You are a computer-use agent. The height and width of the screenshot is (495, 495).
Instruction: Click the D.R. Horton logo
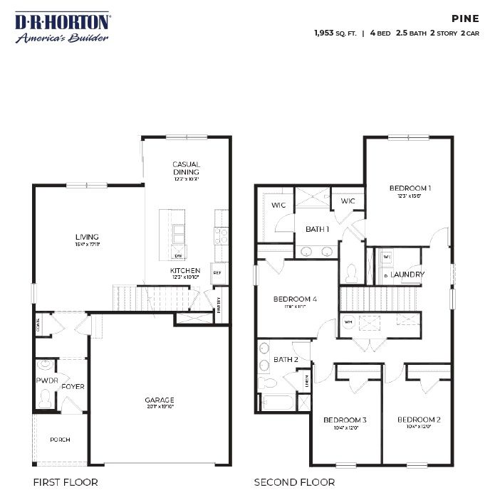pos(63,27)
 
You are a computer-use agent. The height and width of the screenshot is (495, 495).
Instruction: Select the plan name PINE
pos(466,19)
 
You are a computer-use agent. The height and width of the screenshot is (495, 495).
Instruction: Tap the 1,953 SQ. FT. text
pos(335,33)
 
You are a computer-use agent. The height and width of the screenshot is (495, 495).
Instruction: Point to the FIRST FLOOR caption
pos(66,482)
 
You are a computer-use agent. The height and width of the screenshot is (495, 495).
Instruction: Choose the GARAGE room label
pos(160,400)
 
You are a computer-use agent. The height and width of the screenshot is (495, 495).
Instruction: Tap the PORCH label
pos(60,440)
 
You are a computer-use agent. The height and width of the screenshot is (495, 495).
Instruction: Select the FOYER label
pos(73,387)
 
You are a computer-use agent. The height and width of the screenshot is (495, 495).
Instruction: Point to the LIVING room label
pos(87,237)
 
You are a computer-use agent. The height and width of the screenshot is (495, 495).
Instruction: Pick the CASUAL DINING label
pos(186,168)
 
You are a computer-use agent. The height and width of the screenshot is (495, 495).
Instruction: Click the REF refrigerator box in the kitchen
pos(217,272)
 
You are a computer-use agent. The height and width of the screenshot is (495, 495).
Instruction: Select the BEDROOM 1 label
pos(410,188)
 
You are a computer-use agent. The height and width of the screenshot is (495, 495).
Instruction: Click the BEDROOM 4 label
pos(295,299)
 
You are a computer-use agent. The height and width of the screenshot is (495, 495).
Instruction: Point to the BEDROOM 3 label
pos(345,420)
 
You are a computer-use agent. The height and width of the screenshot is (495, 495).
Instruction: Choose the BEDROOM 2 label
pos(419,420)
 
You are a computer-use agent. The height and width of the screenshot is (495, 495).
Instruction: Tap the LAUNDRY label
pos(408,274)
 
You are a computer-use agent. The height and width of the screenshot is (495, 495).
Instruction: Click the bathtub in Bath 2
pos(277,403)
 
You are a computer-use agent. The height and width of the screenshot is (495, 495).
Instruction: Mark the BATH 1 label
pos(317,229)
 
